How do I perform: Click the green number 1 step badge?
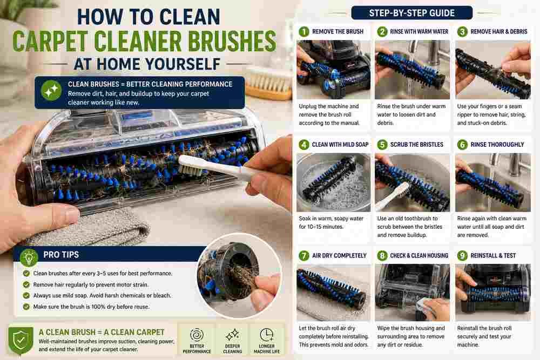[303, 32]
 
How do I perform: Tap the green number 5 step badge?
[382, 145]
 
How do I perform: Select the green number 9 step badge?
[462, 256]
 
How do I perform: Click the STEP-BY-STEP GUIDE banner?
[411, 13]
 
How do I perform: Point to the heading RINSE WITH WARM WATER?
[419, 32]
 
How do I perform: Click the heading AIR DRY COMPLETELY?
[339, 256]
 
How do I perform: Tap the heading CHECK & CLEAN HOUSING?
[419, 256]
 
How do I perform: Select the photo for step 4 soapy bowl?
[333, 182]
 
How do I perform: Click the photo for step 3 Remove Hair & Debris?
[493, 70]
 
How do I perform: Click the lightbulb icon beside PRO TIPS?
[29, 257]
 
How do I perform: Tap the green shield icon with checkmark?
[21, 341]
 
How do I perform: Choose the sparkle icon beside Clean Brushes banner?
[51, 91]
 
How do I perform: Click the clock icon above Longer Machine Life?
[266, 335]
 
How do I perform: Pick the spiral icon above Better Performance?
[197, 335]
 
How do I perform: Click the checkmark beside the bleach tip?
[26, 296]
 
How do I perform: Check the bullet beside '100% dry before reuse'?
[26, 307]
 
